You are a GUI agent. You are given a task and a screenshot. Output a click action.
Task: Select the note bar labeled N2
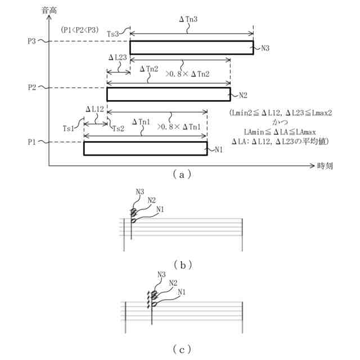(x=169, y=94)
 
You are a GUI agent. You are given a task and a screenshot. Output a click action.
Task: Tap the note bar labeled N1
(x=145, y=148)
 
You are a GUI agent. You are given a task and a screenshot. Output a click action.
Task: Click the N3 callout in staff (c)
(x=161, y=275)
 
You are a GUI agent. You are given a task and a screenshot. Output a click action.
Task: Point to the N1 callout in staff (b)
(x=161, y=209)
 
